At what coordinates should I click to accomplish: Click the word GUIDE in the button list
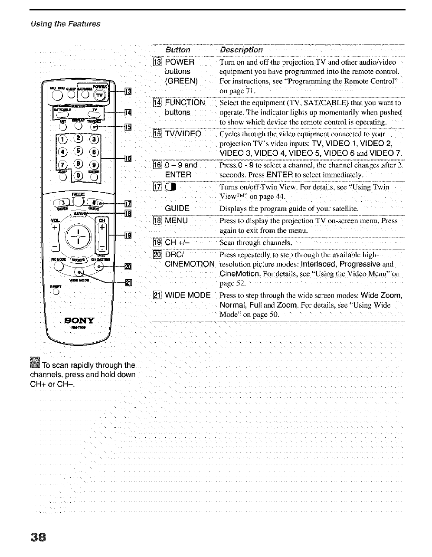(x=177, y=208)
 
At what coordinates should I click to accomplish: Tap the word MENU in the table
(x=176, y=220)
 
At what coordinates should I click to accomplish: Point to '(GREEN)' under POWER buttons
(x=181, y=82)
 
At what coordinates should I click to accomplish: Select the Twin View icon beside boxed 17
(x=170, y=187)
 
